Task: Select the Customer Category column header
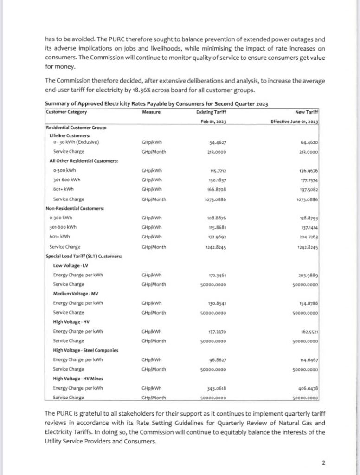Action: (x=67, y=112)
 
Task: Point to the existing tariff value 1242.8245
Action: (x=217, y=247)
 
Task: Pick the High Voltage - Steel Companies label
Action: (x=86, y=350)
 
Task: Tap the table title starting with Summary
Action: (x=156, y=104)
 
